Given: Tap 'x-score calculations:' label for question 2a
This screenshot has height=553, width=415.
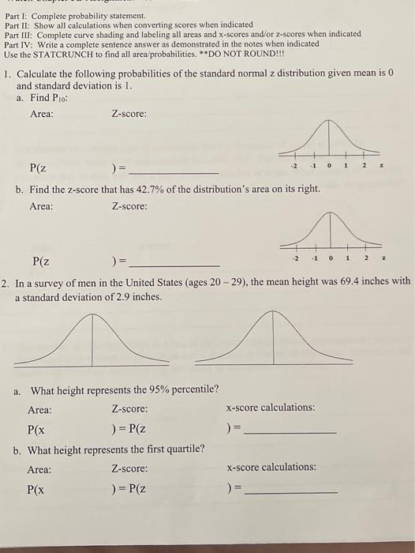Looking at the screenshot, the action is click(x=270, y=408).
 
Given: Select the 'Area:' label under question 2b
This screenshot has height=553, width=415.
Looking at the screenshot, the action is click(x=39, y=469).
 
